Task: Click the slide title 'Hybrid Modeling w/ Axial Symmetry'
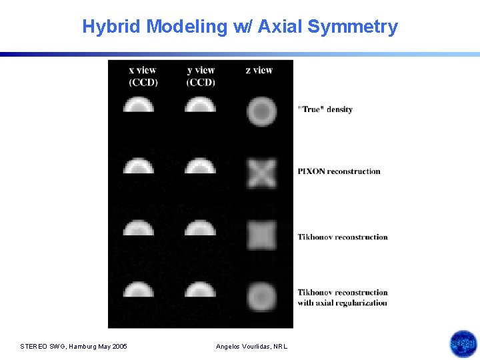pyautogui.click(x=240, y=27)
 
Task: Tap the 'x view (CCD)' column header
pyautogui.click(x=143, y=76)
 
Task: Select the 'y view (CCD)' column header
pyautogui.click(x=201, y=76)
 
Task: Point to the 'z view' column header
pyautogui.click(x=259, y=70)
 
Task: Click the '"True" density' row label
pyautogui.click(x=325, y=109)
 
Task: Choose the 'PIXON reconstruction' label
pyautogui.click(x=339, y=171)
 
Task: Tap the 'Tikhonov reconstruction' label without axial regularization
pyautogui.click(x=342, y=237)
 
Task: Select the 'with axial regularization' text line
pyautogui.click(x=342, y=303)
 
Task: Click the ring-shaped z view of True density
pyautogui.click(x=261, y=111)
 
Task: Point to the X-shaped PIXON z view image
pyautogui.click(x=261, y=173)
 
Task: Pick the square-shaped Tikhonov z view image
pyautogui.click(x=261, y=235)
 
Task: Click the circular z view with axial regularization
pyautogui.click(x=261, y=295)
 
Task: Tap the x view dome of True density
pyautogui.click(x=139, y=105)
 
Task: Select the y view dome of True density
pyautogui.click(x=200, y=105)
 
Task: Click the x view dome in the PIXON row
pyautogui.click(x=139, y=166)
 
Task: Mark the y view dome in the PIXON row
pyautogui.click(x=200, y=166)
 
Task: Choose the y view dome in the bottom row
pyautogui.click(x=200, y=289)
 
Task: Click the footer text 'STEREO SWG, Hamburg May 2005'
pyautogui.click(x=73, y=346)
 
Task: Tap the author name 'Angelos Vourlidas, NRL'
pyautogui.click(x=252, y=346)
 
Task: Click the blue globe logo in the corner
pyautogui.click(x=463, y=344)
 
